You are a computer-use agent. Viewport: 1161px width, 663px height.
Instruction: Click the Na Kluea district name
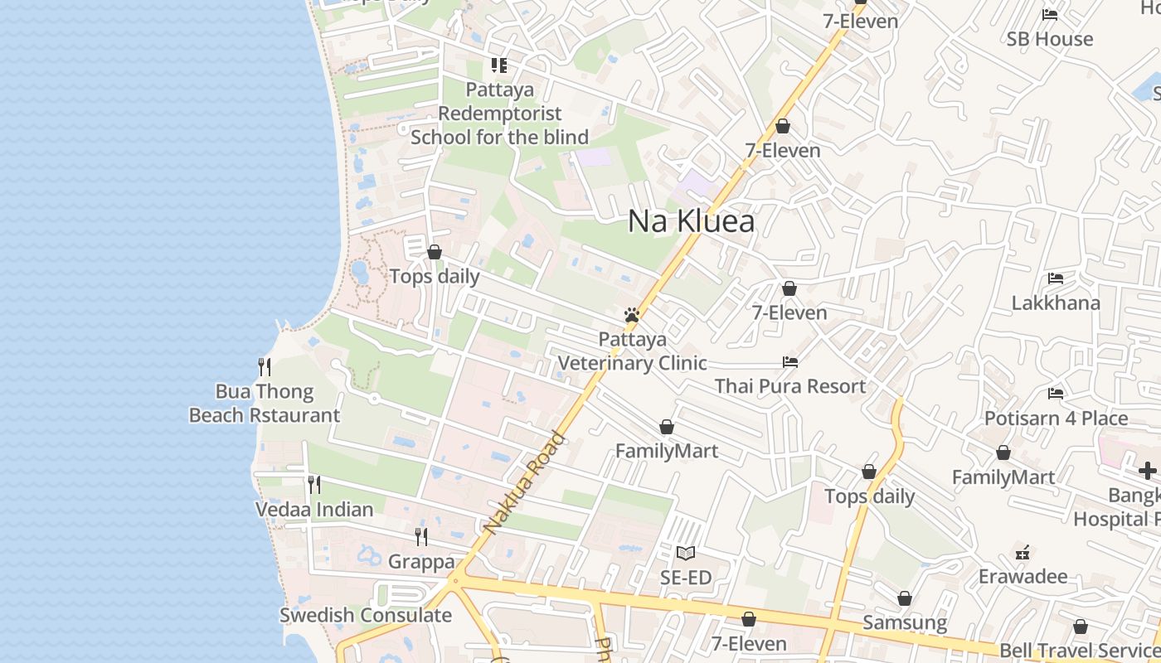coord(691,221)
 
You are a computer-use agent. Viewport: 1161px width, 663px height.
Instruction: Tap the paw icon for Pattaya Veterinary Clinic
coord(632,316)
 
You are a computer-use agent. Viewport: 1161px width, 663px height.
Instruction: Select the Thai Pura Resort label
coord(789,386)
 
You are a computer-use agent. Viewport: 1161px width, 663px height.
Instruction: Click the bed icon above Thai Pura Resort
coord(789,362)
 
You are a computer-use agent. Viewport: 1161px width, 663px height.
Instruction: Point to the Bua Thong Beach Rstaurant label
coord(265,404)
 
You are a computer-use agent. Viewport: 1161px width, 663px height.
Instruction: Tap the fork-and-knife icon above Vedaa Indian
coord(314,484)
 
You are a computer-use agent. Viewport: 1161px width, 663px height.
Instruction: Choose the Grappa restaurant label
coord(421,562)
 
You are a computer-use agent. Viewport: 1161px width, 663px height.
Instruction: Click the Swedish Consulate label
coord(365,615)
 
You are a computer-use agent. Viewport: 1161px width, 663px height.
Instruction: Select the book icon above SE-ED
coord(686,553)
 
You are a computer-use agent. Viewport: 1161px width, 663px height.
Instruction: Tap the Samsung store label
coord(905,622)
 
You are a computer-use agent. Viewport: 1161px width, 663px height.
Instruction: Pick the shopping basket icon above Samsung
coord(905,598)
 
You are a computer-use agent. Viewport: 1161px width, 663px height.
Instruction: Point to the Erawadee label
coord(1023,576)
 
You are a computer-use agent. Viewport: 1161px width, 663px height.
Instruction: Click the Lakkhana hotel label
coord(1056,302)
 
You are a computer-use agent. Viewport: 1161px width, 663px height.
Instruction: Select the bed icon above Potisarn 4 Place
coord(1056,393)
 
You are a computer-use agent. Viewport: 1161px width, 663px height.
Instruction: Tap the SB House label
coord(1050,39)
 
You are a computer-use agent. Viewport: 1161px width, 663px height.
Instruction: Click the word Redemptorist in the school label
coord(500,114)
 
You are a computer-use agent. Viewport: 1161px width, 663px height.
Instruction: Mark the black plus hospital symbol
coord(1148,471)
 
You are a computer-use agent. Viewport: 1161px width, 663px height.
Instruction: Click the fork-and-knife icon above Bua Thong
coord(265,366)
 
